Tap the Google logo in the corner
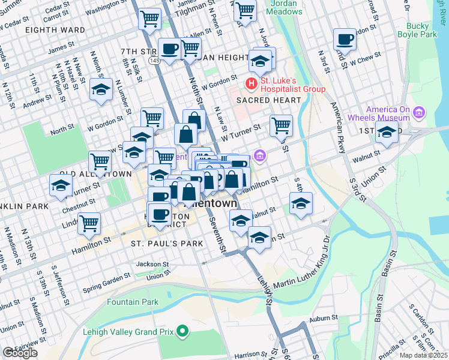(19, 353)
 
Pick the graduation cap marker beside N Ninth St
(101, 91)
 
